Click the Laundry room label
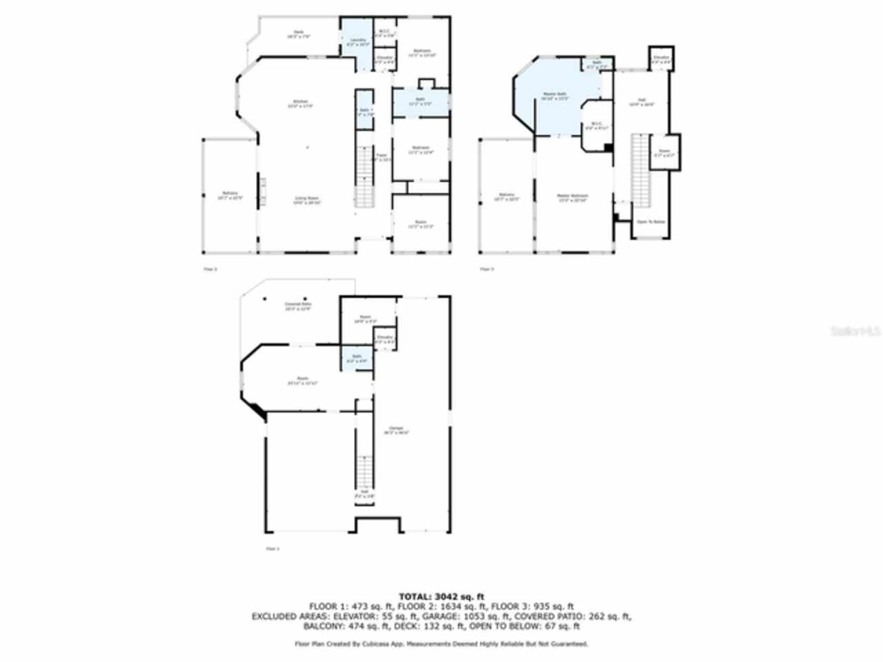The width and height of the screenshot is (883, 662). [x=357, y=41]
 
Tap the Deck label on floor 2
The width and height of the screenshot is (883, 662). [x=298, y=34]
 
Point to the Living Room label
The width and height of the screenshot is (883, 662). [x=306, y=200]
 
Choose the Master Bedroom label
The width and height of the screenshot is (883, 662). [x=573, y=197]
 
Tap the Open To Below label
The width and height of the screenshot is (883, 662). [x=651, y=222]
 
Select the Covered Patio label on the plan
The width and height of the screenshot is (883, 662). [x=298, y=305]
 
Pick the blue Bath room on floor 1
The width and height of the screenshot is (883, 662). [x=357, y=359]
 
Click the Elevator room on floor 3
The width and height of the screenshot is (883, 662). [x=661, y=59]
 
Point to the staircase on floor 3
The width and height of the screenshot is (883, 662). [x=642, y=169]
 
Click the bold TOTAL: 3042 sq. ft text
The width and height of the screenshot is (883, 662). [x=441, y=596]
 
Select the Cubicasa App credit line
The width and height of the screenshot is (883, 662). [x=441, y=644]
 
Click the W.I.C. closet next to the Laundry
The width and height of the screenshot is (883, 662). [x=384, y=32]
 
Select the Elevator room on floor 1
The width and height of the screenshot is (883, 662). [x=384, y=339]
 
